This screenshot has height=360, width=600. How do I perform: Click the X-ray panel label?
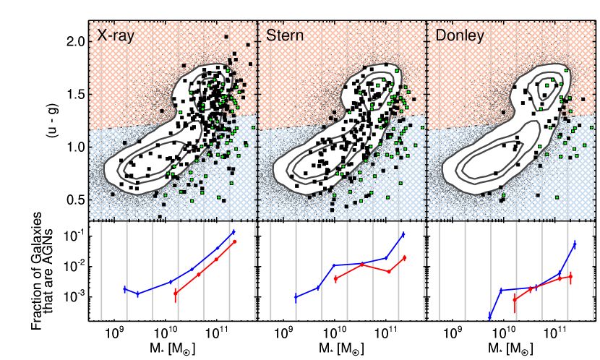click(116, 35)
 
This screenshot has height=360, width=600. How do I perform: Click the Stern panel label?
click(285, 35)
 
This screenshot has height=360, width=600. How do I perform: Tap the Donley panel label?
click(460, 35)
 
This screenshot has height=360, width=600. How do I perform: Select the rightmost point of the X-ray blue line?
click(233, 231)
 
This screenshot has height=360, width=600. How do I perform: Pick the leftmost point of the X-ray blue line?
click(124, 288)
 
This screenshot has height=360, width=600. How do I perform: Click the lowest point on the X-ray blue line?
click(137, 293)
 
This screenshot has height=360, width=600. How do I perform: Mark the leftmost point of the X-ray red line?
click(176, 293)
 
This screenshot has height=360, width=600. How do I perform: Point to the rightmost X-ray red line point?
click(235, 241)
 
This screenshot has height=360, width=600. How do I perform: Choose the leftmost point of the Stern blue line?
click(295, 297)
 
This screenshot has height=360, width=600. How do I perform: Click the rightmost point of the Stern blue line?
click(403, 233)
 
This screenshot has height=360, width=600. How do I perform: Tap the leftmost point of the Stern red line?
click(335, 278)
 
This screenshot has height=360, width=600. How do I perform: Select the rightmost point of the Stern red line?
click(405, 257)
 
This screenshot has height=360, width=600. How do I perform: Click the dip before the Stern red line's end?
click(389, 272)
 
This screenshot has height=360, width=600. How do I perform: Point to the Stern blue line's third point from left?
click(333, 265)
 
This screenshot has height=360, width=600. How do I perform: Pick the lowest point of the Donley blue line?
click(490, 318)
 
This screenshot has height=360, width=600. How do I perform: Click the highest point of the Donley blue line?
click(575, 243)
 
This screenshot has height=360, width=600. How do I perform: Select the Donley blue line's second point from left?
click(502, 290)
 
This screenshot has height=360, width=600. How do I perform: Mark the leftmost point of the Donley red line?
click(515, 299)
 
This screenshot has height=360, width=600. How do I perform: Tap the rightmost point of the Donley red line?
click(571, 277)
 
